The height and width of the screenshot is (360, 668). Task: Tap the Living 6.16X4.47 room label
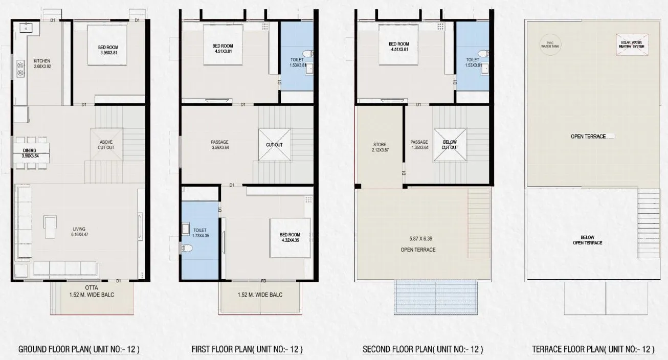[79, 232]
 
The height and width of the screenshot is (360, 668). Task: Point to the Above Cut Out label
[106, 144]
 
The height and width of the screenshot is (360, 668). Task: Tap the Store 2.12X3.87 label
[380, 147]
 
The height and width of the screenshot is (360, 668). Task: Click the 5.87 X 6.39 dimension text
[418, 238]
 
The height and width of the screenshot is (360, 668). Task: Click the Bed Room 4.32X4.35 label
[290, 238]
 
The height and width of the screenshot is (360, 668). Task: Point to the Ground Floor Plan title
[79, 350]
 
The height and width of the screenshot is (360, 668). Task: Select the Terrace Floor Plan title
[593, 350]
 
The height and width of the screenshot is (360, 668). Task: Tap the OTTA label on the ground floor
[93, 287]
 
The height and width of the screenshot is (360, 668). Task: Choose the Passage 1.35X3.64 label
[419, 145]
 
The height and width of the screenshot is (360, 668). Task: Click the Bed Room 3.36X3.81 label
[108, 50]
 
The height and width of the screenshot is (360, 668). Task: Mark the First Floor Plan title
[247, 350]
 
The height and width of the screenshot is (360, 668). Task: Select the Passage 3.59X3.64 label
[219, 145]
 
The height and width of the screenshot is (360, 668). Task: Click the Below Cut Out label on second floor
[450, 144]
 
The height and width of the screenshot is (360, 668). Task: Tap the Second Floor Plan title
[422, 350]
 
